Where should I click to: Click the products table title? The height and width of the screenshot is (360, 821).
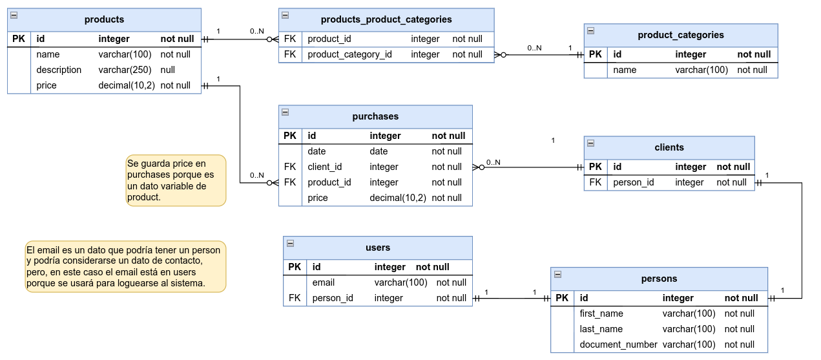[104, 19]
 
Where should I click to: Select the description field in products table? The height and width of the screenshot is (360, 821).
[59, 70]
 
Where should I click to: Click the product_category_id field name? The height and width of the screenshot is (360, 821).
[349, 54]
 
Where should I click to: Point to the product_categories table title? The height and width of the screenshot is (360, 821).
[680, 35]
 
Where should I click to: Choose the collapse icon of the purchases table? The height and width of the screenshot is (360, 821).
[285, 112]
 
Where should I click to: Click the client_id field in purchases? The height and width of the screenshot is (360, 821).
[324, 167]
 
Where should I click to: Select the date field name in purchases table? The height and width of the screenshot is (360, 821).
[317, 151]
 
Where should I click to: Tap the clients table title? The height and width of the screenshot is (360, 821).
[669, 147]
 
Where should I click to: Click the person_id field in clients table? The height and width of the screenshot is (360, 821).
[633, 182]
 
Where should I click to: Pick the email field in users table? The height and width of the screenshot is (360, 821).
[323, 282]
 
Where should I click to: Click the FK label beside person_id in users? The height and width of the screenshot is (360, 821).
[295, 298]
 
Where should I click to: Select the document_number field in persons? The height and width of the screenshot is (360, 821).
[618, 344]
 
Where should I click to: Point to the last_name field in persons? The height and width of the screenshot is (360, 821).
[601, 329]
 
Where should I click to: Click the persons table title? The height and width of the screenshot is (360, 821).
[659, 279]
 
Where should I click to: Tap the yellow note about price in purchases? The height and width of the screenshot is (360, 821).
[176, 180]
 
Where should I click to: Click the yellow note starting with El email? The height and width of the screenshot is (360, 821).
[125, 266]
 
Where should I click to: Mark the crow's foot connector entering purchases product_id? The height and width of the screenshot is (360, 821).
[273, 183]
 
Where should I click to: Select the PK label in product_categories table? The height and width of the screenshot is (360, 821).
[595, 54]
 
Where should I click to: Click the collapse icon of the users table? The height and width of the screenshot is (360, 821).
[290, 244]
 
